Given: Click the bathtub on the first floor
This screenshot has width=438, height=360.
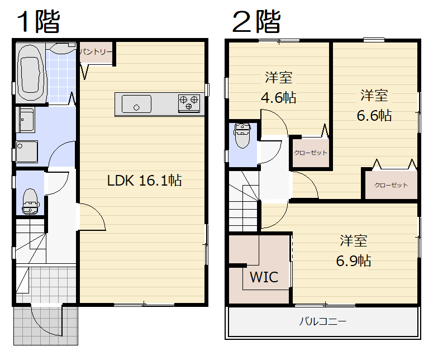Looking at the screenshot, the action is coord(30,73).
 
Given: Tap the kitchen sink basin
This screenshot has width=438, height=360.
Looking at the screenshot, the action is coord(136,104).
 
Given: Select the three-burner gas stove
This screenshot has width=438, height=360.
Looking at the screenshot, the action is coord(189,103).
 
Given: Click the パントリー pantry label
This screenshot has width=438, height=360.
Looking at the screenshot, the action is coord(96,51).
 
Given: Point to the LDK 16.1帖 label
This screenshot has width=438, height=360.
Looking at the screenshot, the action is coord(145,181).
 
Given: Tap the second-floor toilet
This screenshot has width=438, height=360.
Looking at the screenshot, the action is coord(242,135).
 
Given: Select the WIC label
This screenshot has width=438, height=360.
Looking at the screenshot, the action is coord(264,277).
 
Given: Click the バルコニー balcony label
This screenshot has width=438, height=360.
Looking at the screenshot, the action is coord(323,321).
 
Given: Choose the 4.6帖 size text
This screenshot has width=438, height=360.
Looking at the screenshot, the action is coord(278,98).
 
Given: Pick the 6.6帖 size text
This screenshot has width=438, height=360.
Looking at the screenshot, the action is coord(374,115).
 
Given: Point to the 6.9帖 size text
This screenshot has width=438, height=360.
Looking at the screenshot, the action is coord(354,260).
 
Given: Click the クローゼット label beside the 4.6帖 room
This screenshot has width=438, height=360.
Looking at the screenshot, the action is coord(311,153).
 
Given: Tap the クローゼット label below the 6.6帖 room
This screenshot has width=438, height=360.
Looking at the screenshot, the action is coord(391,185).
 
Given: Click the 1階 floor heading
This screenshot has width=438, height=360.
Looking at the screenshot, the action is coord(38,21).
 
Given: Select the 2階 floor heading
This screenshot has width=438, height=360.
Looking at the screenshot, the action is coord(256,21).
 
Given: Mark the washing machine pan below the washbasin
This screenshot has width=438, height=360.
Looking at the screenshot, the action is coord(27,151).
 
